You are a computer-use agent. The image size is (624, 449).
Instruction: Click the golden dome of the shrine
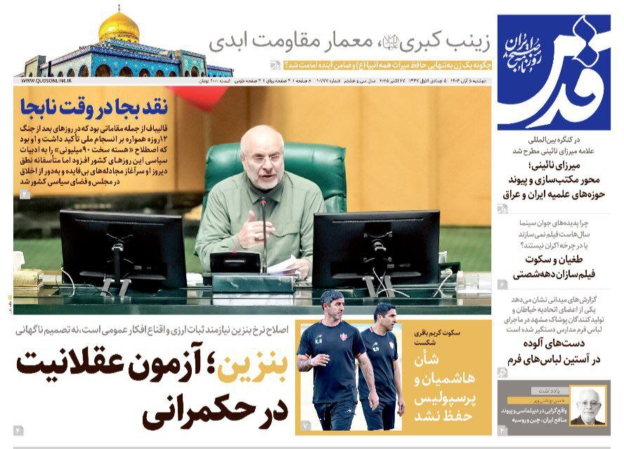[119, 27]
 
